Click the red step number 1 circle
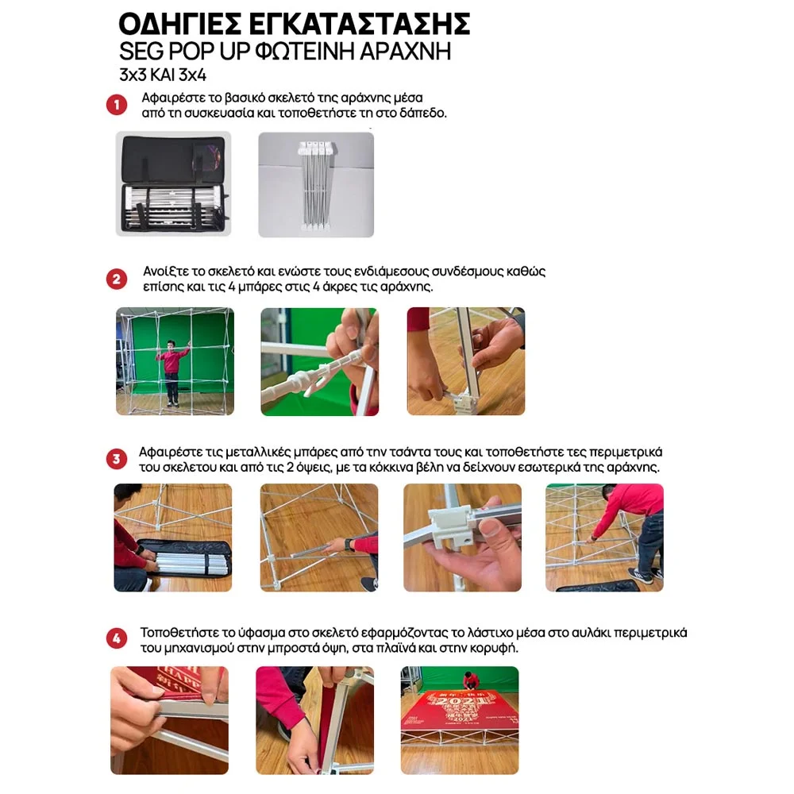[117, 105]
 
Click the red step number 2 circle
[117, 279]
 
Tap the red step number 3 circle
[117, 459]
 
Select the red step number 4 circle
[117, 638]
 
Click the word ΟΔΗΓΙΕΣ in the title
[179, 24]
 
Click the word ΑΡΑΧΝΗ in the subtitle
[405, 51]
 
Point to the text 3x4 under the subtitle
[193, 75]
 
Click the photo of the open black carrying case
[173, 184]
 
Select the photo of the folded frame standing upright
[316, 185]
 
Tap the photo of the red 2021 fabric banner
[460, 721]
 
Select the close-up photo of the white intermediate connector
[319, 361]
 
